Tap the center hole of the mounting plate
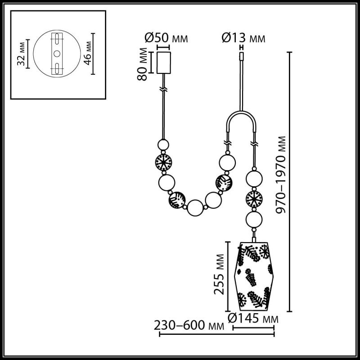(x=57, y=53)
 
